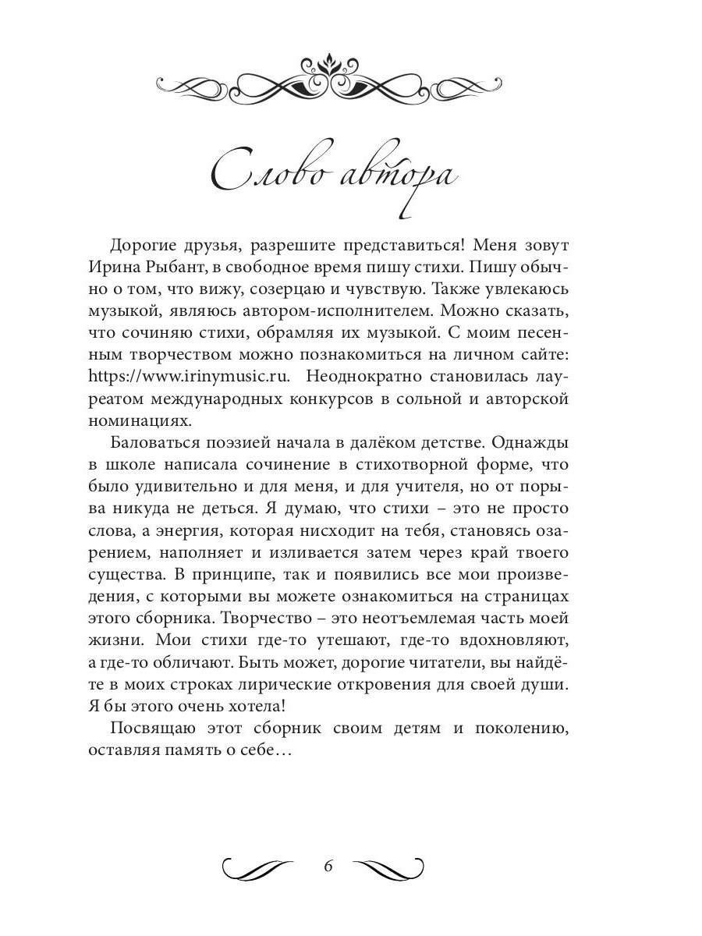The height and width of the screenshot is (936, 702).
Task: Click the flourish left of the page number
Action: (x=257, y=867)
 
